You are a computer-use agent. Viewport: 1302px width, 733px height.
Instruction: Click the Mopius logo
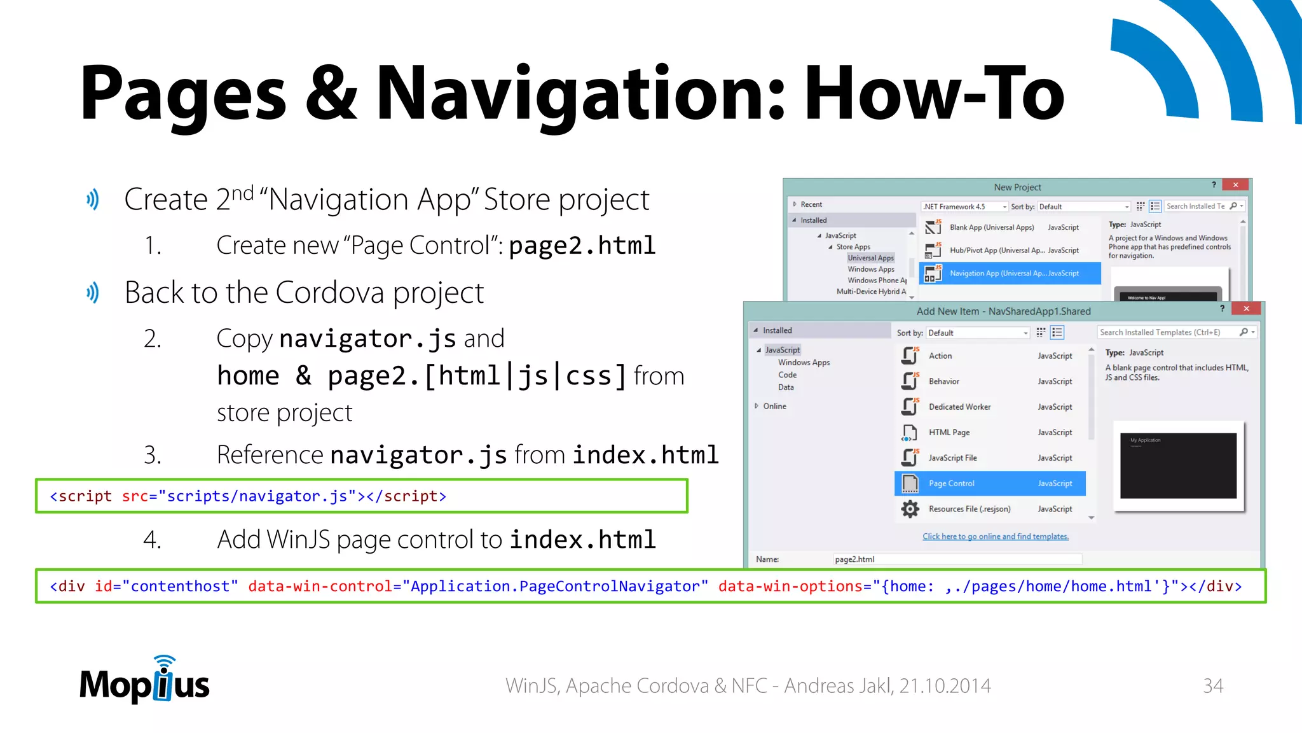[144, 681]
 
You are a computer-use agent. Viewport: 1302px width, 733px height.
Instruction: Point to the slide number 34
[1212, 685]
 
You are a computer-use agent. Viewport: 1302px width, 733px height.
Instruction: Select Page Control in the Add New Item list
[989, 484]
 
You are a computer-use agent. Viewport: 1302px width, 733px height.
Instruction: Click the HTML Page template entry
[949, 433]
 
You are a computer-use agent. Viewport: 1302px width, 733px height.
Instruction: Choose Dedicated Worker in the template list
[959, 407]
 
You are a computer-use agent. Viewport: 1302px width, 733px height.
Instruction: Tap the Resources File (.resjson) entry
[969, 509]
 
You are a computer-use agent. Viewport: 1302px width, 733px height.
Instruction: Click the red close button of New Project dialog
[1235, 185]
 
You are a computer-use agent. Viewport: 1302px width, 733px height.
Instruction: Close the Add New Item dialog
[1246, 309]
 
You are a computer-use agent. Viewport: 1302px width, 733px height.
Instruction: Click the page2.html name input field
[957, 559]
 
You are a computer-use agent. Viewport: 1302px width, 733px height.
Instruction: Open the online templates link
[995, 536]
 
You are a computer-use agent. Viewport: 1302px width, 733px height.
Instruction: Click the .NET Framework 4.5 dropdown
[964, 207]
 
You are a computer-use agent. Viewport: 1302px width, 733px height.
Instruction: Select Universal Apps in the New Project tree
[870, 258]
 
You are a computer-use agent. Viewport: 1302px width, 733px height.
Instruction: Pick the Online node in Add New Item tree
[774, 406]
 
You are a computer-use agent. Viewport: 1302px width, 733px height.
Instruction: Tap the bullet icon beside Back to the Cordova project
[93, 293]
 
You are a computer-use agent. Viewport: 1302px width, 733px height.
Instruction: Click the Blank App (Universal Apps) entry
[991, 228]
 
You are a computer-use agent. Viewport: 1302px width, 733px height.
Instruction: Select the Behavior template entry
[943, 382]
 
